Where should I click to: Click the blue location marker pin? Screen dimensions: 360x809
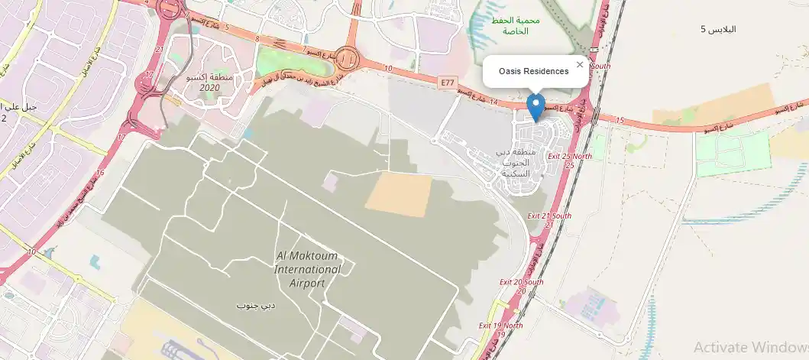(536, 107)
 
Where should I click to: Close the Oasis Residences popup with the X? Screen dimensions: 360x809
(580, 65)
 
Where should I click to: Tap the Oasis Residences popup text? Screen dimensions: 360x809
(533, 71)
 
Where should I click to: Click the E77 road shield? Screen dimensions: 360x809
(447, 80)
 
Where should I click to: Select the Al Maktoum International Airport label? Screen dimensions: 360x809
(308, 270)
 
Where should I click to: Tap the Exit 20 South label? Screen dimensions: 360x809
(522, 286)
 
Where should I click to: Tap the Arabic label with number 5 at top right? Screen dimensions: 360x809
(718, 29)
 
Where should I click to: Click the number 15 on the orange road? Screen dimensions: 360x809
(619, 121)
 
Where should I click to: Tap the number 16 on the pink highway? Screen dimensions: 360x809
(99, 174)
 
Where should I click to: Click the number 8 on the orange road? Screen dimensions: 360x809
(257, 38)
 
